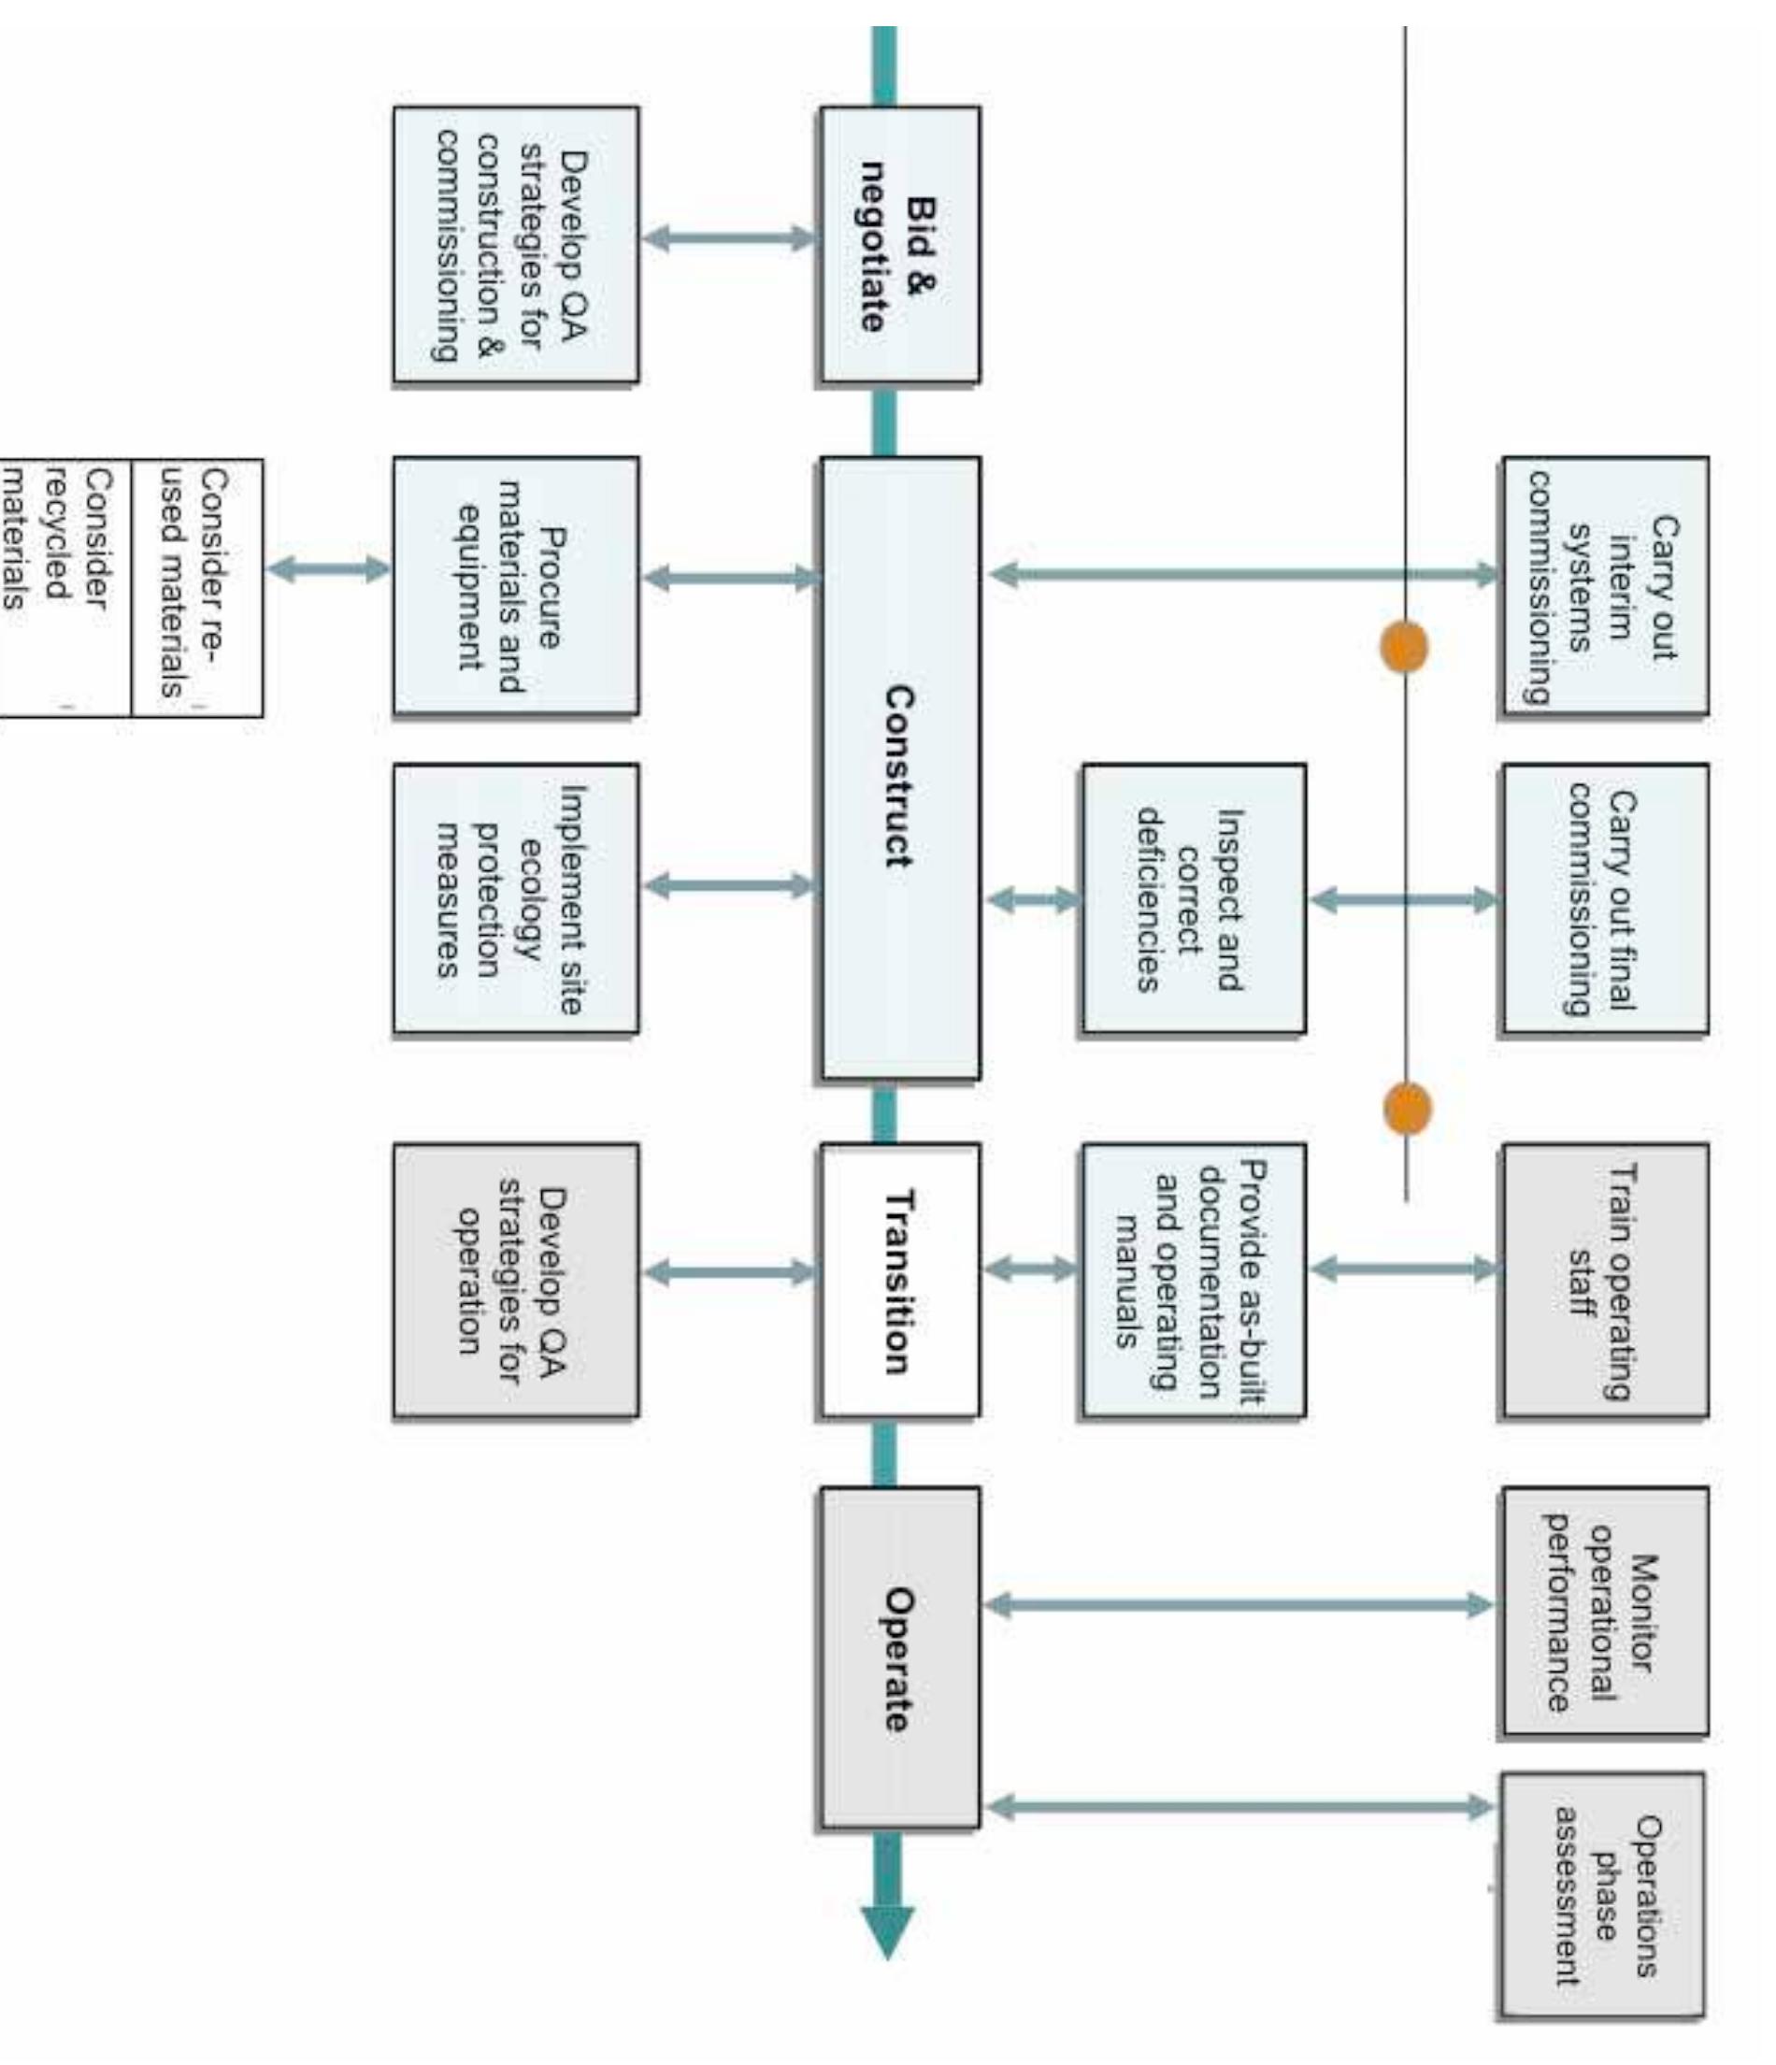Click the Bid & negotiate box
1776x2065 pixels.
[x=899, y=244]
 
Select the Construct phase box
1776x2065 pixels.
[x=899, y=767]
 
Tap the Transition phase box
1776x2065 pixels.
[x=899, y=1280]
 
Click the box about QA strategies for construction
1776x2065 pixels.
[x=515, y=244]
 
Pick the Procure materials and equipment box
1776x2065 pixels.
[x=515, y=585]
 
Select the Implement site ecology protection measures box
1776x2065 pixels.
[x=515, y=898]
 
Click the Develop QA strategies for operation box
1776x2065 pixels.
[x=515, y=1280]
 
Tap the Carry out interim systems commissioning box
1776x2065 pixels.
[x=1605, y=585]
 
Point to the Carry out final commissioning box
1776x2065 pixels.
[x=1605, y=898]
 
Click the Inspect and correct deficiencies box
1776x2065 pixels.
[x=1193, y=898]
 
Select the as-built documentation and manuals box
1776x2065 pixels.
[x=1193, y=1280]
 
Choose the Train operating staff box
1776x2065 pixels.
[x=1605, y=1280]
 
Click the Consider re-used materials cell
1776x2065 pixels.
[x=196, y=587]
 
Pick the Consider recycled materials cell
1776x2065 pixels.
[x=64, y=587]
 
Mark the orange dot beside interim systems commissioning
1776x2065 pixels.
[x=1403, y=648]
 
